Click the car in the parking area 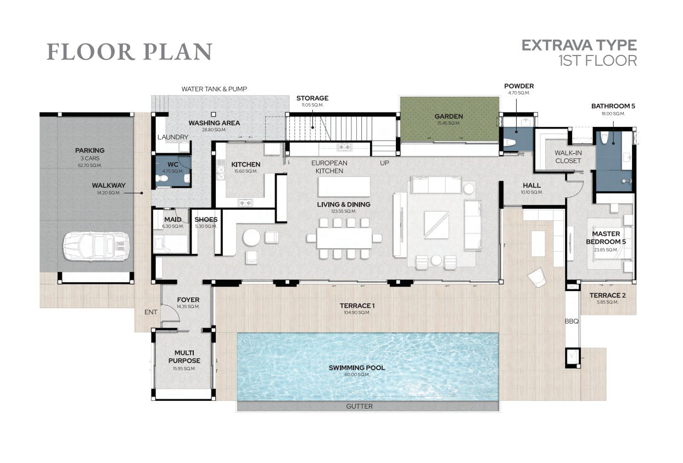[x=96, y=247]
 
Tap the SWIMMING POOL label [x=357, y=368]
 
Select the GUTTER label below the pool [x=359, y=406]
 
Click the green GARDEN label [x=449, y=116]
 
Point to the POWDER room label [x=519, y=86]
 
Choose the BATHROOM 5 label [x=613, y=106]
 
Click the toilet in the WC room [x=162, y=178]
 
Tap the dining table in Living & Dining [x=344, y=238]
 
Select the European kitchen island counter [x=344, y=187]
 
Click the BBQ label [x=572, y=321]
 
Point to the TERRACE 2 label [x=607, y=295]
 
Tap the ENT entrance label [x=150, y=312]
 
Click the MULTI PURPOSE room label [x=184, y=356]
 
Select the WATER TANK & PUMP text [x=214, y=89]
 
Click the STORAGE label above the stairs [x=312, y=98]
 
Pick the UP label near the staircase [x=384, y=163]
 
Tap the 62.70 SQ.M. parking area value [x=89, y=165]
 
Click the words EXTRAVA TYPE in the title [x=579, y=46]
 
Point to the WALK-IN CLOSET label [x=568, y=157]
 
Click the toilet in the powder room [x=509, y=142]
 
